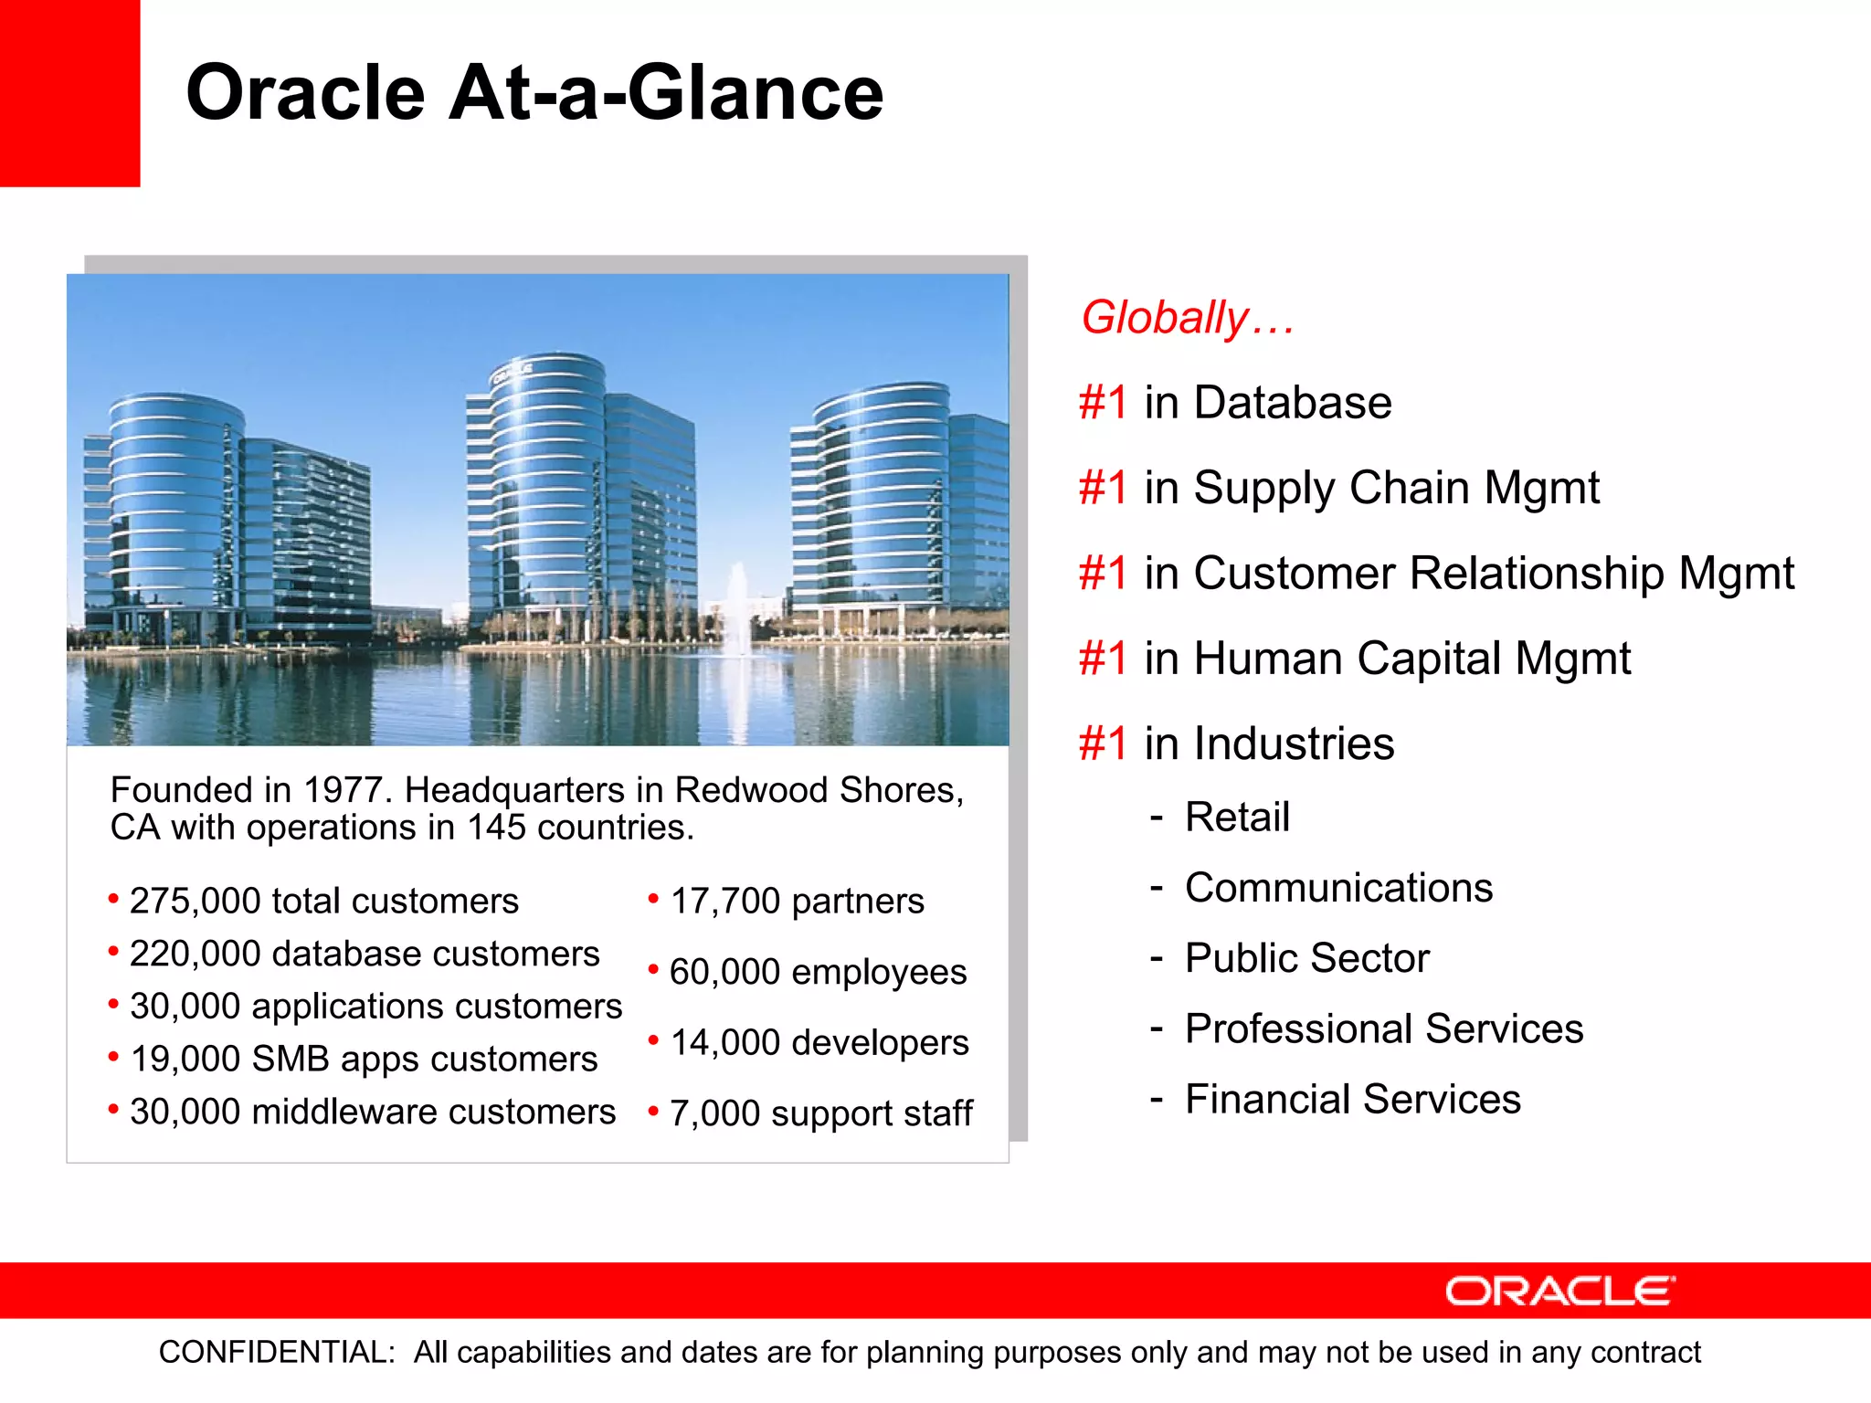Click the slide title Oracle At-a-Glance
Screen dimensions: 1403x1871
click(x=534, y=93)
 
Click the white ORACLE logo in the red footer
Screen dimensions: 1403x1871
click(x=1559, y=1292)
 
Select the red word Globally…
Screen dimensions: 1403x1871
click(x=1187, y=318)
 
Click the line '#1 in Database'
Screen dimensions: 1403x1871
click(x=1235, y=403)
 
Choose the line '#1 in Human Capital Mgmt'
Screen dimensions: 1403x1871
click(x=1354, y=659)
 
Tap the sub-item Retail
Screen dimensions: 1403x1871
click(x=1237, y=817)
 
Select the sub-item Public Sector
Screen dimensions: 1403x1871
click(x=1306, y=958)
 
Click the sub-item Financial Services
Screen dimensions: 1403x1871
click(x=1352, y=1099)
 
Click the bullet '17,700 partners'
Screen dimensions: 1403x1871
click(x=796, y=901)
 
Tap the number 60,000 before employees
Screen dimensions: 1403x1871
click(x=724, y=972)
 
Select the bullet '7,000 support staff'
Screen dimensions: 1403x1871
click(x=819, y=1113)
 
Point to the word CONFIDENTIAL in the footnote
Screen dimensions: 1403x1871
click(x=277, y=1352)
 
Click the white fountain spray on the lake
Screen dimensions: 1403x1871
click(x=736, y=607)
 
